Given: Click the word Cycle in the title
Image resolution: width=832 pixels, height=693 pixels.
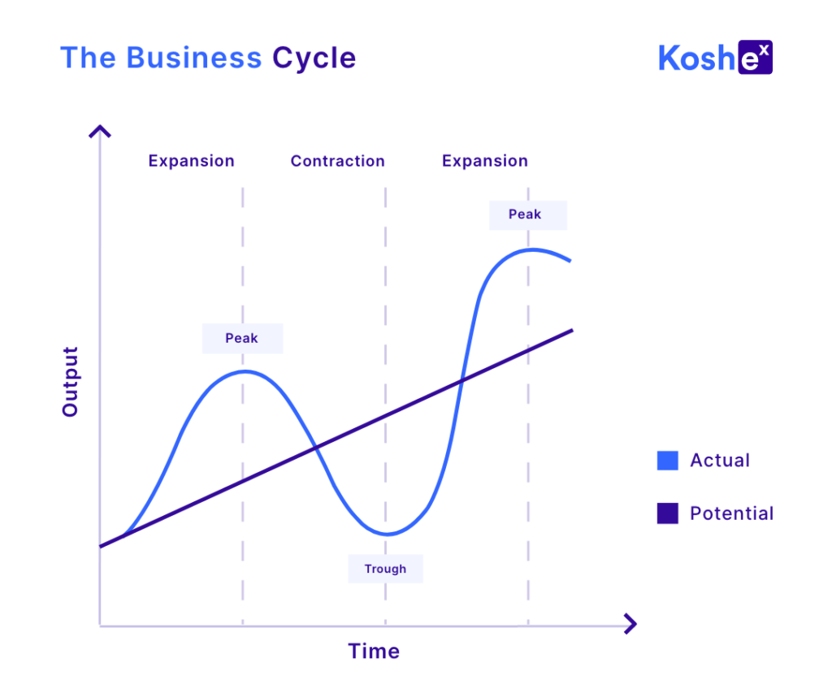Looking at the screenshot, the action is [x=314, y=58].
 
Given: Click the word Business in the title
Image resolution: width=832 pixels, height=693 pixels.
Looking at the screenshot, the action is [x=193, y=58].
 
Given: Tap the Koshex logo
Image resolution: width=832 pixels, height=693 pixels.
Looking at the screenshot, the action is [x=715, y=57].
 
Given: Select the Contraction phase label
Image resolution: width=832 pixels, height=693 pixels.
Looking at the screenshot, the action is [x=337, y=161].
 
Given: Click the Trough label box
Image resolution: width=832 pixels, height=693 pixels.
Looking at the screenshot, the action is [x=385, y=569].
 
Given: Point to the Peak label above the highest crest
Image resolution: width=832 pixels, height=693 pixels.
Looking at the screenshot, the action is [x=528, y=215].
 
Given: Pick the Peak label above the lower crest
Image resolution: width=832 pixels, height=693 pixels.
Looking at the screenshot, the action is [x=242, y=339].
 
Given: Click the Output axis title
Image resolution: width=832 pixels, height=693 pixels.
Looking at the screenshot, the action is [x=71, y=382].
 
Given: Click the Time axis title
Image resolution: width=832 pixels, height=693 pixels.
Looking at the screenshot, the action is [x=374, y=651].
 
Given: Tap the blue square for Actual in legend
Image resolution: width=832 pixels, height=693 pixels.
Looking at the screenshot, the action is [x=668, y=461].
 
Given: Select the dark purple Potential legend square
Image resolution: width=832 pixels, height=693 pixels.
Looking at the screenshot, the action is [x=668, y=513].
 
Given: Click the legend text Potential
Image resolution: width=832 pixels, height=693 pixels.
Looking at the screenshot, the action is [x=732, y=513].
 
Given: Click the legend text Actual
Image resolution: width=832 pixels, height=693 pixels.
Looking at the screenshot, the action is [x=720, y=460].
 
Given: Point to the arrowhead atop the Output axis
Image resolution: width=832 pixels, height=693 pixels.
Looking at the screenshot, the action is [x=100, y=131].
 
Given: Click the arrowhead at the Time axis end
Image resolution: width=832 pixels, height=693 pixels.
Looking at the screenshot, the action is [x=630, y=623].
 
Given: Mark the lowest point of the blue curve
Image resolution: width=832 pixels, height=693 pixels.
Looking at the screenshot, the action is [x=388, y=534].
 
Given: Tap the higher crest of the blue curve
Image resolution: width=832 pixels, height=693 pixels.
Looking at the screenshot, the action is [x=531, y=249].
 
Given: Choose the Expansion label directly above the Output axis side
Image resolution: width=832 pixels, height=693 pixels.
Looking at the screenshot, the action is [x=191, y=161].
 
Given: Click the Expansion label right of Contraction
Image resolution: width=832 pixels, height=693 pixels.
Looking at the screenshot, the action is [x=485, y=161].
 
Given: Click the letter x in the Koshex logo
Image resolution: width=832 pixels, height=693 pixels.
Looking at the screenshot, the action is [x=764, y=50].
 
